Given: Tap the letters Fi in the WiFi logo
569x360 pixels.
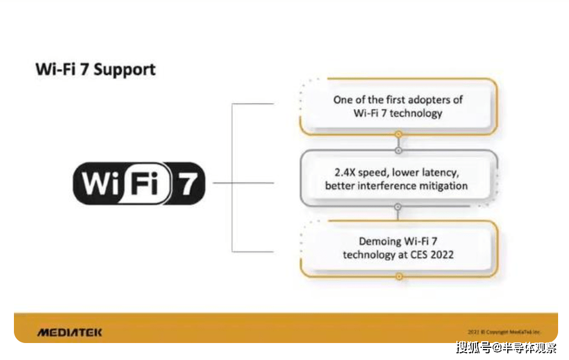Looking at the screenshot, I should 145,183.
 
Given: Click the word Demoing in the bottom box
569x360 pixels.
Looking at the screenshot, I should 380,241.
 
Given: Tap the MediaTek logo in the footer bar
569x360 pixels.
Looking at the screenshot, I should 70,332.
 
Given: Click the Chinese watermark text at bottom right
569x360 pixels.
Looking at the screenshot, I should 506,348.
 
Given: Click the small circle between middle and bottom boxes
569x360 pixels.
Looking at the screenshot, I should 398,207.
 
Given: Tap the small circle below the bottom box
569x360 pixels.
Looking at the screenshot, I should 398,276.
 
